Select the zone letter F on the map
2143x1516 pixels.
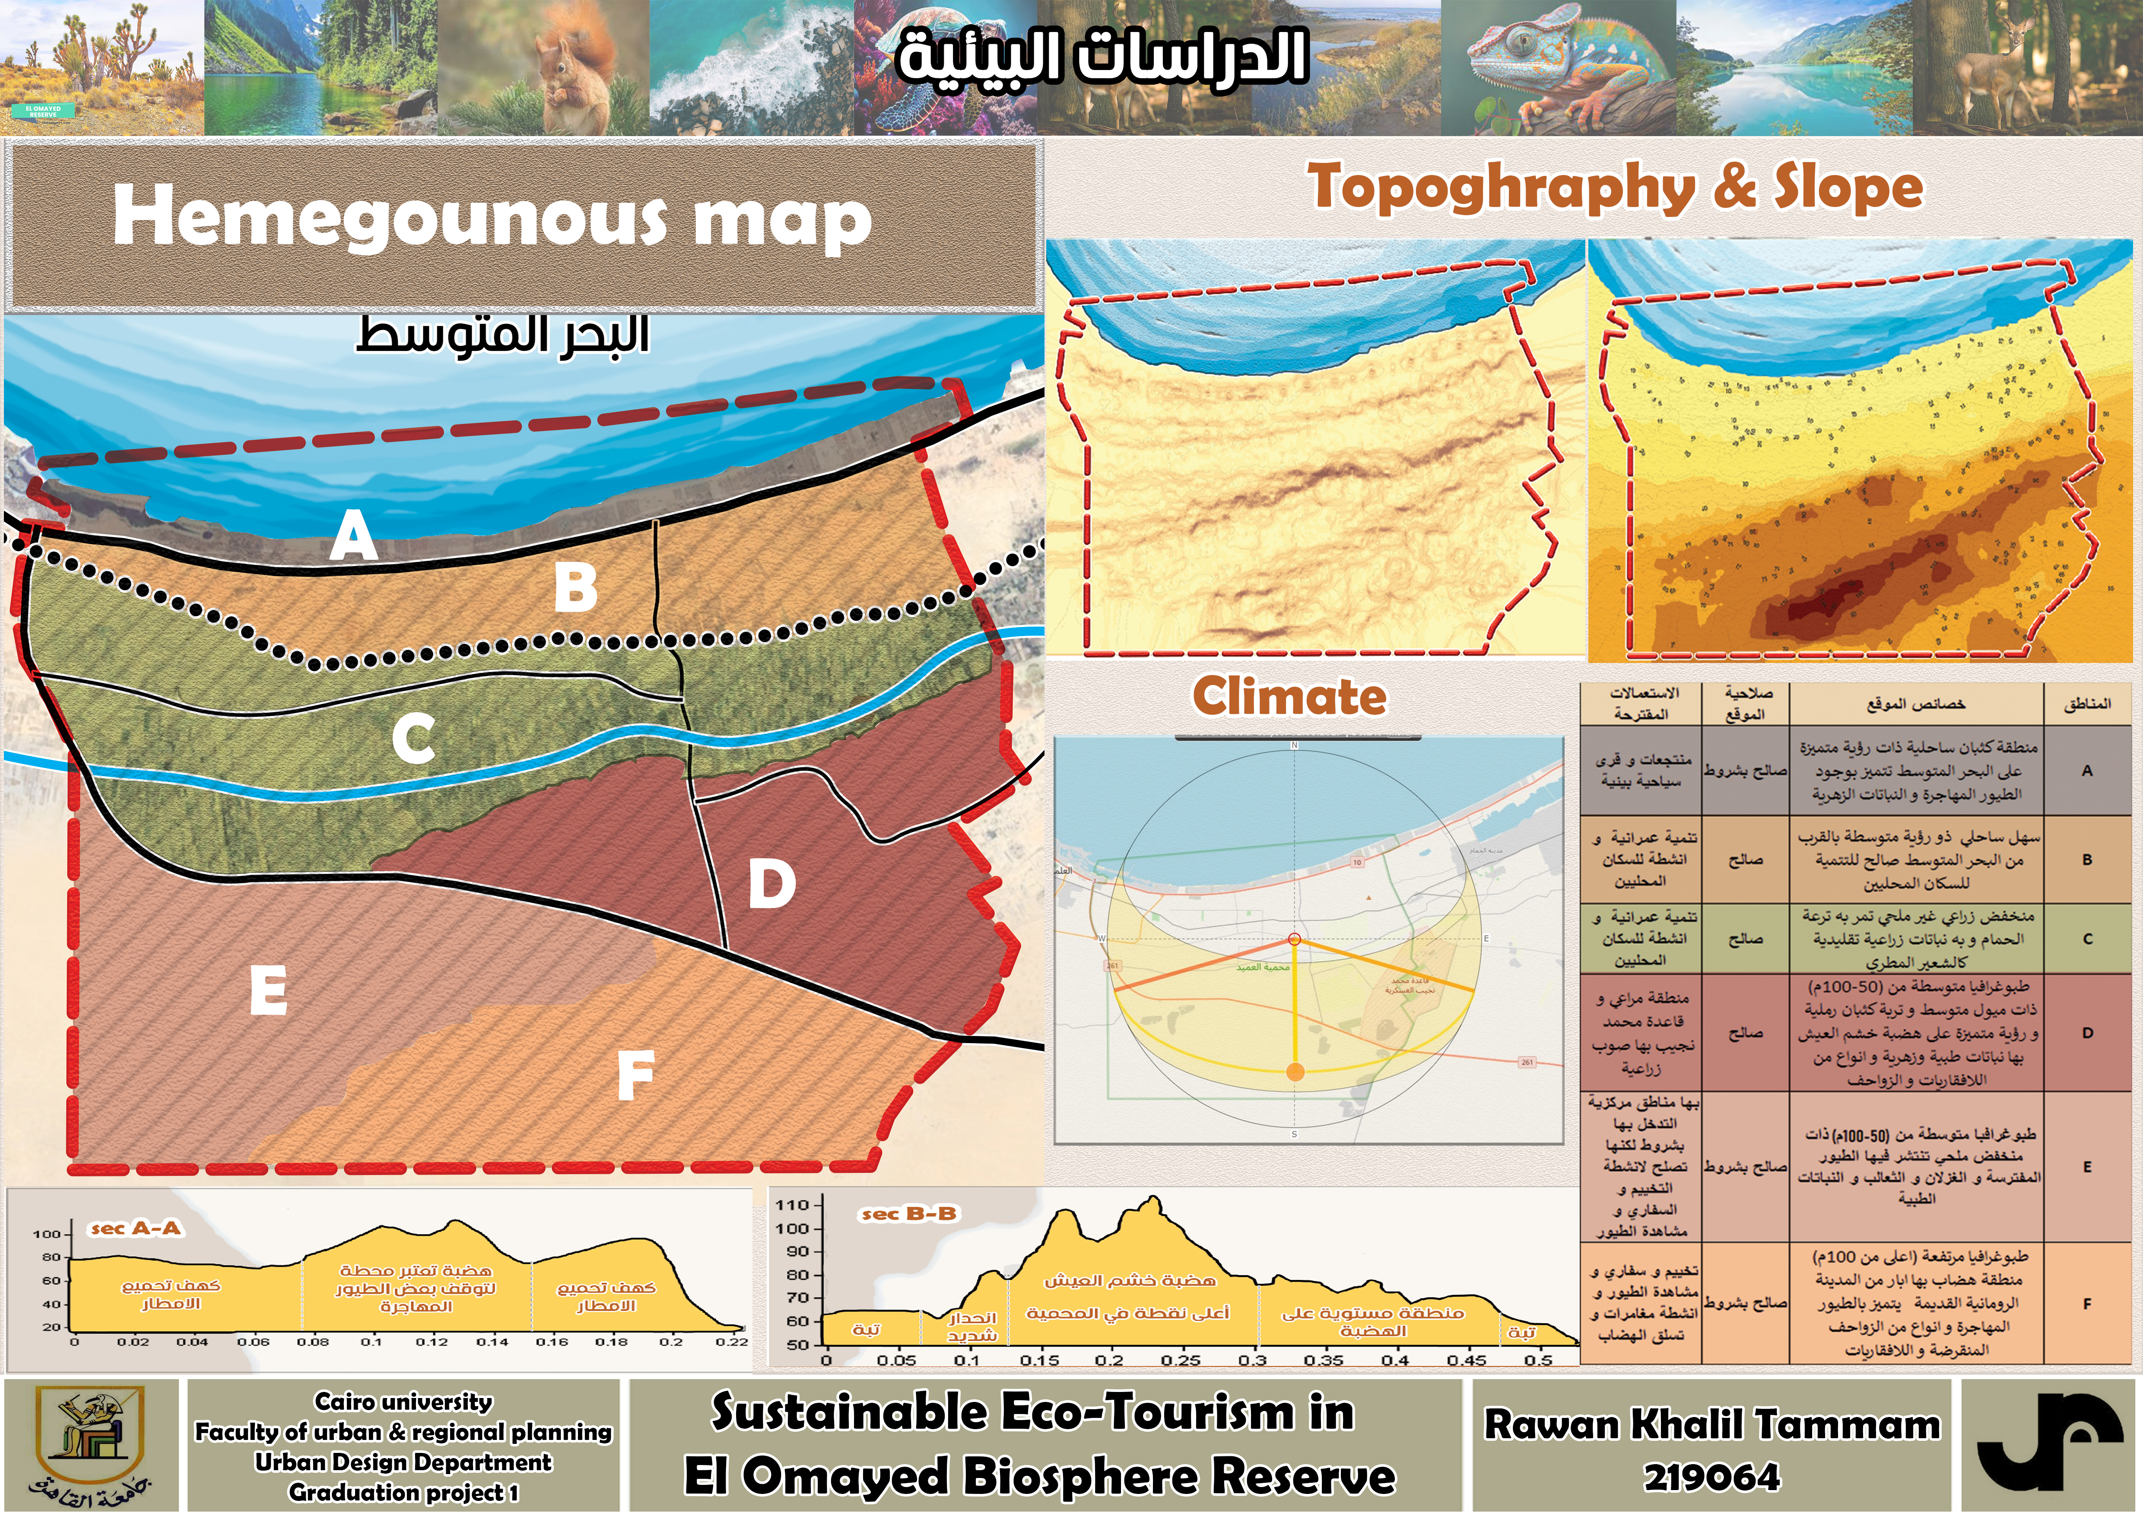point(635,1075)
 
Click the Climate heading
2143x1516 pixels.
point(1289,697)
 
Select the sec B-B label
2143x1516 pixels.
point(908,1213)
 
